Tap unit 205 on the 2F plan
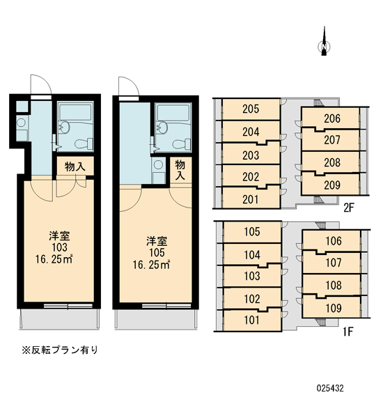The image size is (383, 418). [251, 109]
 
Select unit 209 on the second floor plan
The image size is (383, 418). [332, 185]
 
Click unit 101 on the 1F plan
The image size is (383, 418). [252, 320]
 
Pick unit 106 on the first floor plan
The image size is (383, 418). [334, 241]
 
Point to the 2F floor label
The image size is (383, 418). [349, 208]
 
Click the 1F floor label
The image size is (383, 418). [348, 332]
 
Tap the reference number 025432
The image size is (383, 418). [330, 388]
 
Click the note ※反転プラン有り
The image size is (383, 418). [60, 350]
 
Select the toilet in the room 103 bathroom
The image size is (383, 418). [84, 144]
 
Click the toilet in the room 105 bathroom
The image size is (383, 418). [182, 144]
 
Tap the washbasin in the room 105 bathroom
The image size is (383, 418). [162, 127]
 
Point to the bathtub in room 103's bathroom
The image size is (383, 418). [75, 112]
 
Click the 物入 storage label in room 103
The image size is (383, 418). [75, 167]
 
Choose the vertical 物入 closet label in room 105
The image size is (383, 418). [180, 170]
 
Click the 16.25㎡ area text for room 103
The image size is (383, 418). [54, 259]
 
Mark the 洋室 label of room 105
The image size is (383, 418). [157, 241]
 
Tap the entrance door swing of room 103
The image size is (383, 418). [41, 84]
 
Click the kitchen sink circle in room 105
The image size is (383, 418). [158, 164]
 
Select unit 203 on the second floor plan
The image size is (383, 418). [251, 155]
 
